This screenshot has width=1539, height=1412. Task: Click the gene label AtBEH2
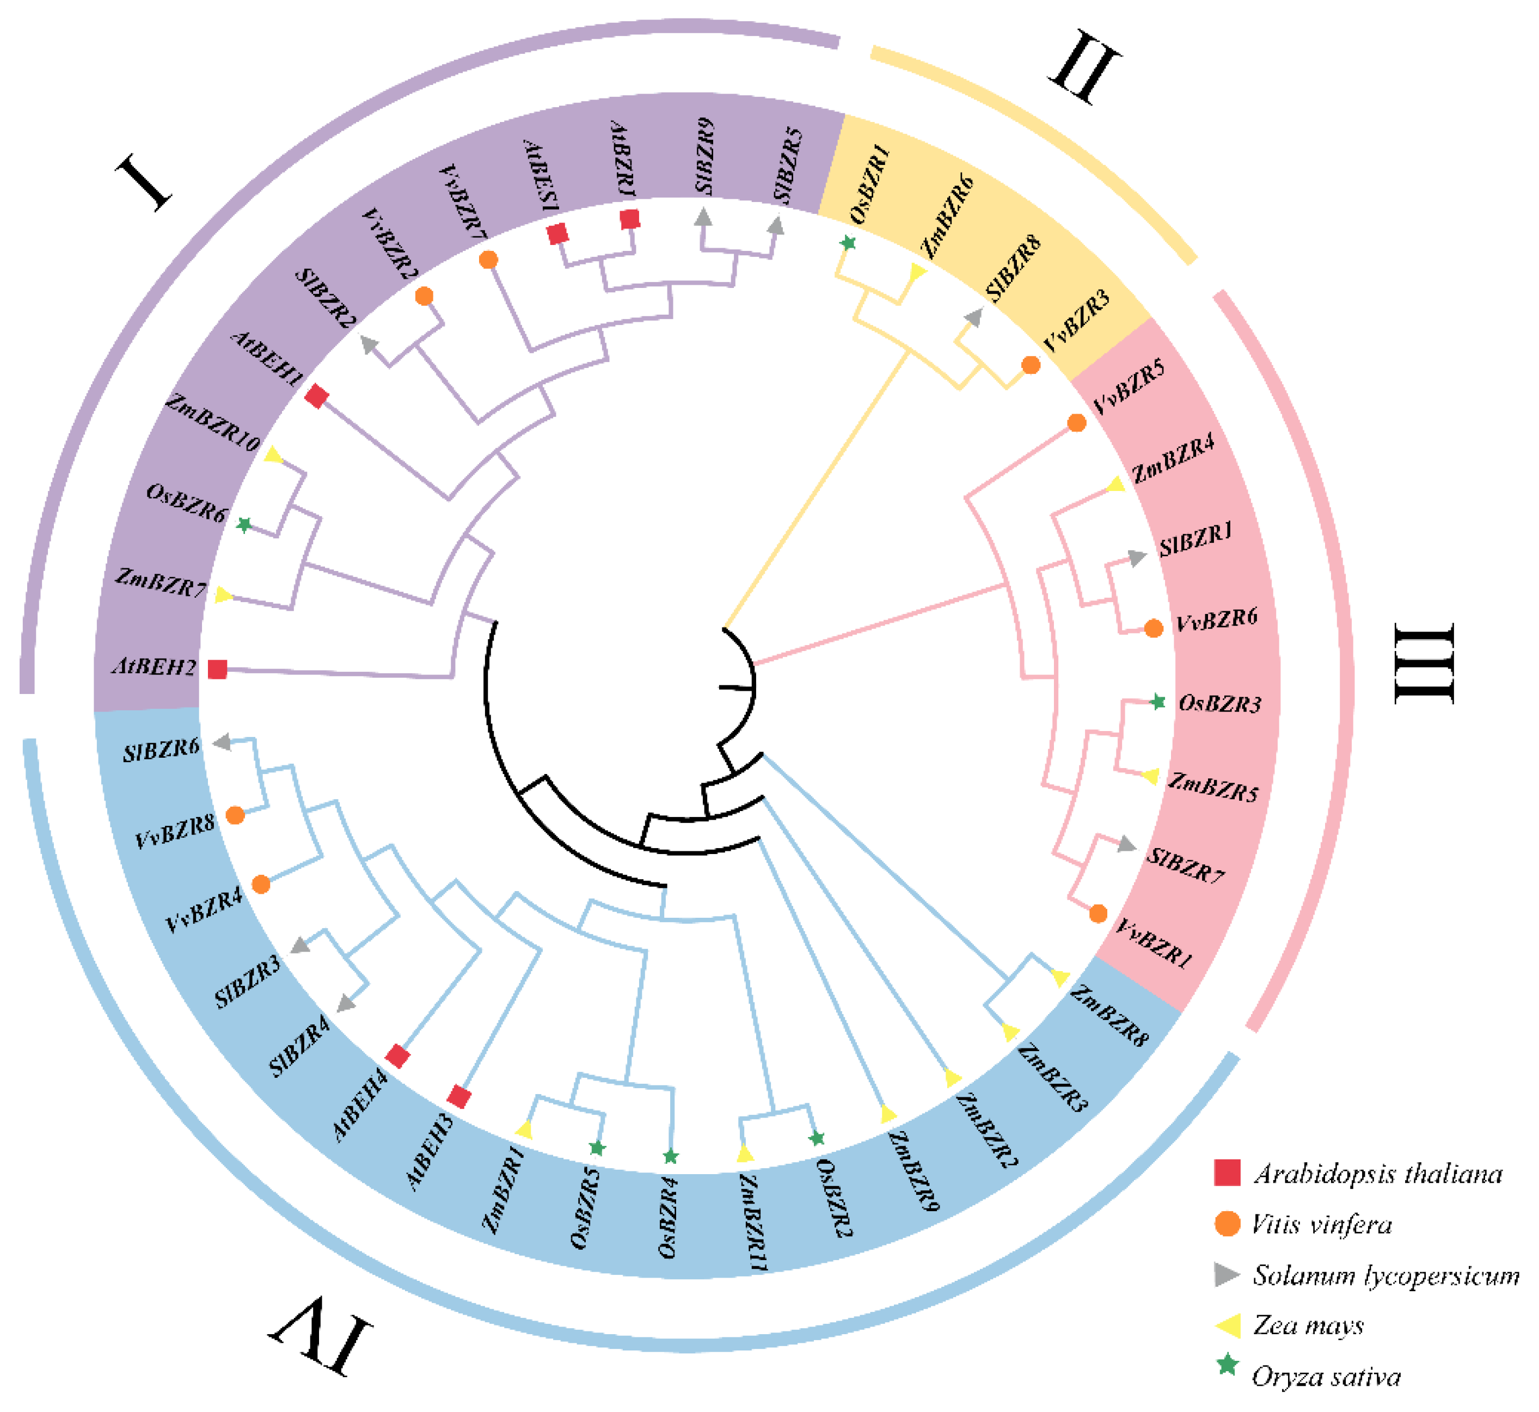pos(155,667)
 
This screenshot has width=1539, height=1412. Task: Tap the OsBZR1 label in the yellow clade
pos(870,186)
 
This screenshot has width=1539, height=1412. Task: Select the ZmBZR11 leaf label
pos(753,1223)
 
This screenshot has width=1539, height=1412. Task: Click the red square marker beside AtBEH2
pos(218,670)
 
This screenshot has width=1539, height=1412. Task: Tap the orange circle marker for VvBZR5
pos(1076,422)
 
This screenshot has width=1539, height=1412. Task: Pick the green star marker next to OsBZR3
pos(1158,702)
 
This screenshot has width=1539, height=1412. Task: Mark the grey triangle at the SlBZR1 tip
pos(1137,558)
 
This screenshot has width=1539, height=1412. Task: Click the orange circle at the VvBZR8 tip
pos(235,815)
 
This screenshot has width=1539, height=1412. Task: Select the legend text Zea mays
pos(1308,1325)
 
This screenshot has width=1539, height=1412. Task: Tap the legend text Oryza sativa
pos(1326,1377)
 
